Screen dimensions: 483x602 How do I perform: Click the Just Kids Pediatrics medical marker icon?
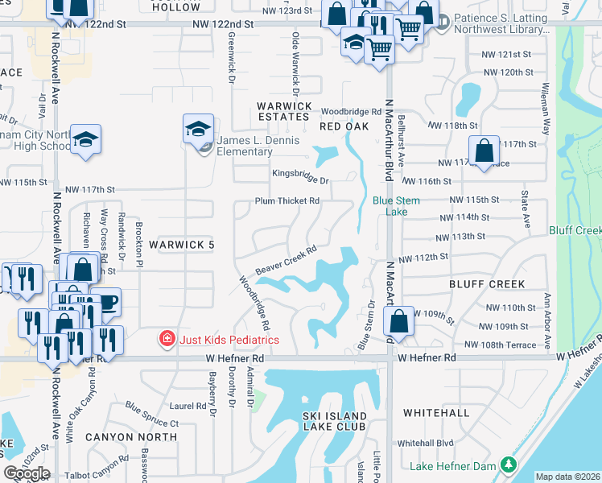tap(167, 340)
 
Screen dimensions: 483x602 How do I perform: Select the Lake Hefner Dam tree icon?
tap(508, 465)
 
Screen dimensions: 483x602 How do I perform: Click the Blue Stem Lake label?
tap(390, 206)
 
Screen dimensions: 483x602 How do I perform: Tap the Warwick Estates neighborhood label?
tap(283, 111)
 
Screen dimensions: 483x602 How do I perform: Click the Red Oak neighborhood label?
tap(344, 126)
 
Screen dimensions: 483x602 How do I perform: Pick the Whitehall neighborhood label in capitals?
tap(435, 412)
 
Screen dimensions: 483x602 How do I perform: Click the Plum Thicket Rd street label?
tap(287, 200)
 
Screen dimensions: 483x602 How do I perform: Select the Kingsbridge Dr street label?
tap(301, 172)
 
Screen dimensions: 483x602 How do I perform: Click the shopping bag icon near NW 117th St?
tap(483, 151)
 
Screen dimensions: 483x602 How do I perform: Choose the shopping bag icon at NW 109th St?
tap(399, 321)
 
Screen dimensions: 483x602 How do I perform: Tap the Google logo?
tap(26, 473)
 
